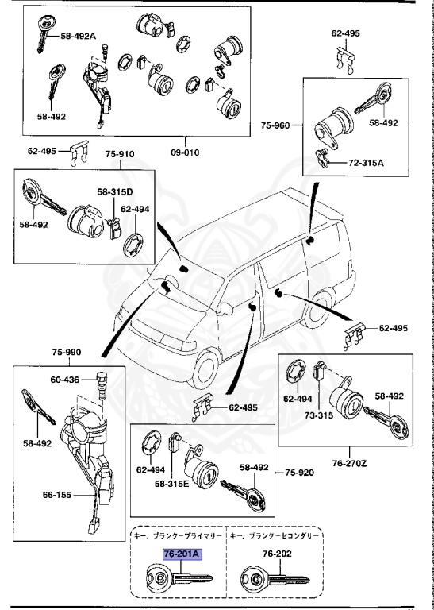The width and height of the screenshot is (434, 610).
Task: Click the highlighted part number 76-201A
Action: pyautogui.click(x=182, y=554)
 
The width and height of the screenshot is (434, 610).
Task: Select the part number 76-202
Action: pyautogui.click(x=277, y=554)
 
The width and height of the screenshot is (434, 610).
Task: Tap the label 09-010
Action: pyautogui.click(x=185, y=152)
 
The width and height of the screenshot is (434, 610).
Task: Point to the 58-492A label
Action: pyautogui.click(x=78, y=37)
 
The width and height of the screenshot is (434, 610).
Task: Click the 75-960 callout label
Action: pyautogui.click(x=275, y=125)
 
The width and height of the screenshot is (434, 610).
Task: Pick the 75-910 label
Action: pyautogui.click(x=120, y=154)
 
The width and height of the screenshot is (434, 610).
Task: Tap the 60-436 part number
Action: pyautogui.click(x=65, y=380)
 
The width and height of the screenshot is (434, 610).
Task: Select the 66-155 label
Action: pyautogui.click(x=57, y=495)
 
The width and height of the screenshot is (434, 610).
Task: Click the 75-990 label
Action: pyautogui.click(x=67, y=353)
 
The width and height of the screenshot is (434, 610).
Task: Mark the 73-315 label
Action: pyautogui.click(x=319, y=415)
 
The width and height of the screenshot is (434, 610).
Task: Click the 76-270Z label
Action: pyautogui.click(x=349, y=464)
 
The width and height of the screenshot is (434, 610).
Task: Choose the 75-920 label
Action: pyautogui.click(x=300, y=473)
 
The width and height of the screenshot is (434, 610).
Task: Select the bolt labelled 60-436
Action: pyautogui.click(x=101, y=385)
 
